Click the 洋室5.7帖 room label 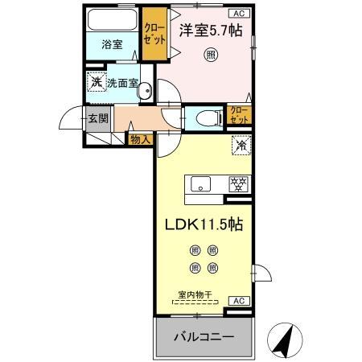(x=212, y=31)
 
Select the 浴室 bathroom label (x=113, y=45)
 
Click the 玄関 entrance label (x=97, y=119)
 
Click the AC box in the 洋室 (x=241, y=14)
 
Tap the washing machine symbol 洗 (x=96, y=82)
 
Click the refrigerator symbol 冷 (x=240, y=146)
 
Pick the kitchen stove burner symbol (x=237, y=183)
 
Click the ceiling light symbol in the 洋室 (x=210, y=56)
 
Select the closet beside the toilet (x=239, y=115)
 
